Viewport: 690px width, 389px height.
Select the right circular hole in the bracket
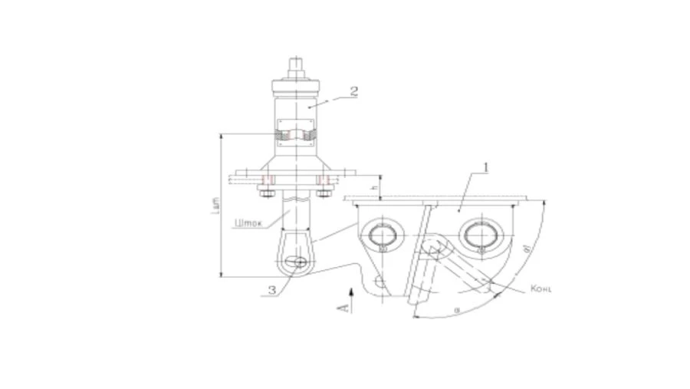coord(481,233)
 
